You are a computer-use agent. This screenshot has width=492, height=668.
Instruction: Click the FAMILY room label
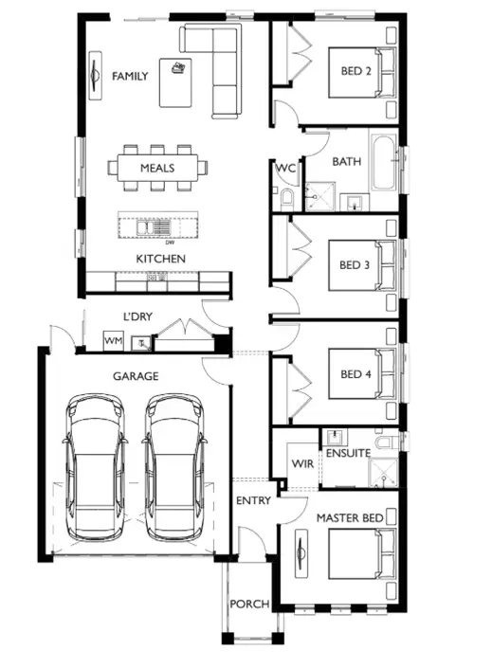(130, 76)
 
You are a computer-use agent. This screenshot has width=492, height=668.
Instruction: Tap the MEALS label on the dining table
(157, 168)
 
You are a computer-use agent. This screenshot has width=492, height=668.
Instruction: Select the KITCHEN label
(160, 259)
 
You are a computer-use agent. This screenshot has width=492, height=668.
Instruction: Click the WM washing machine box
(114, 340)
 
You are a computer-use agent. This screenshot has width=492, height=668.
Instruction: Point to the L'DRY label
(138, 316)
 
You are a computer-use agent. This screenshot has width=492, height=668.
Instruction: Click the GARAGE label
(136, 376)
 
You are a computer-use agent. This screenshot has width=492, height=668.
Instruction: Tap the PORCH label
(250, 604)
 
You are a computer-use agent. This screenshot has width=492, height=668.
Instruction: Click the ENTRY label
(254, 500)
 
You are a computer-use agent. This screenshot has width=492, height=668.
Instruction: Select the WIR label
(302, 464)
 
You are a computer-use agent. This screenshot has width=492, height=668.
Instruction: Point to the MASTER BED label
(350, 517)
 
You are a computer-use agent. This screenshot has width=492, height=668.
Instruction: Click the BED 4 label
(355, 373)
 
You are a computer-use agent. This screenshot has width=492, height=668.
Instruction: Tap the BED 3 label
(355, 265)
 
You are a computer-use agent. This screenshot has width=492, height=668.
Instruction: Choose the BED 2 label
(356, 71)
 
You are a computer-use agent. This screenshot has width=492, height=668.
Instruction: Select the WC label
(285, 169)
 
